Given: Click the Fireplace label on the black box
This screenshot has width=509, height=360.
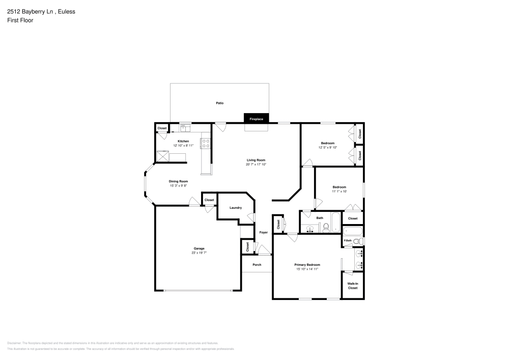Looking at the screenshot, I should coord(256,119).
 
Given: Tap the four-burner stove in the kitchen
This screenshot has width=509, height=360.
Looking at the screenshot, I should coord(206,143).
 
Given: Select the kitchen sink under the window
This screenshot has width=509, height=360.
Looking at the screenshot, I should coord(185,127).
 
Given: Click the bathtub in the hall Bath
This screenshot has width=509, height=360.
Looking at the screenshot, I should coord(336,222).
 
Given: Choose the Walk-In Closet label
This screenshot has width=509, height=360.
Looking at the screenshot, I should coord(352,286).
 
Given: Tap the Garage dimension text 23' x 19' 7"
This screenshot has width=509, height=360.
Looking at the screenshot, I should coord(199,253).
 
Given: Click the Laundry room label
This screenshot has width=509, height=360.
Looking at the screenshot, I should coord(235,208).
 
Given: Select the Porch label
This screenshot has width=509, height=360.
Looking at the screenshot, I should coord(257,265).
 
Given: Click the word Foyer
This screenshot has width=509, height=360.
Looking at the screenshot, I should coord(263,232).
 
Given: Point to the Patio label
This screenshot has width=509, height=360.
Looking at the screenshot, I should coord(219,103).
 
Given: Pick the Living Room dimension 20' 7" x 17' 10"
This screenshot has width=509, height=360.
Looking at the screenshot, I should coord(256,164).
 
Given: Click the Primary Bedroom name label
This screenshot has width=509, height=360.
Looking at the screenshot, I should coord(307,265).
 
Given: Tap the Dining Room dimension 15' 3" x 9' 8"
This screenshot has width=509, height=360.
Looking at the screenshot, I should coord(179,186).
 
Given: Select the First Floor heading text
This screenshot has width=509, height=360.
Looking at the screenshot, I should coord(20,20).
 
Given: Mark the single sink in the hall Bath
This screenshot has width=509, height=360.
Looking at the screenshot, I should coord(309,229).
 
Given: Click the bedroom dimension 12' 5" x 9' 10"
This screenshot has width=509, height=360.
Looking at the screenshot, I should coord(328,148).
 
